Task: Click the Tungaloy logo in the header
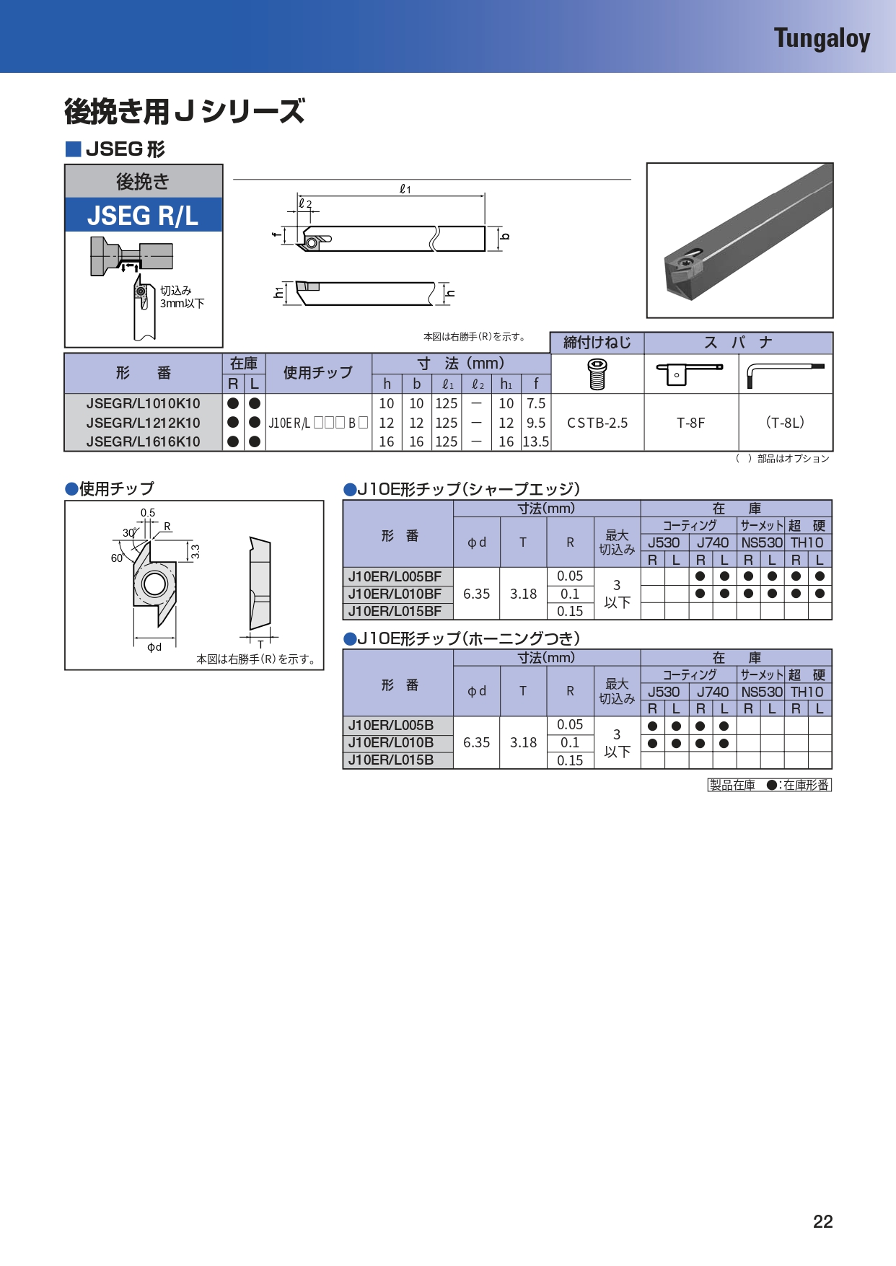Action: pyautogui.click(x=822, y=38)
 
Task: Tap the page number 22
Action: pyautogui.click(x=823, y=1221)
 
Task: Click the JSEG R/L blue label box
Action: pyautogui.click(x=143, y=215)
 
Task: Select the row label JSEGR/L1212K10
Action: pyautogui.click(x=144, y=423)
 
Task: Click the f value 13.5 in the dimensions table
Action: pyautogui.click(x=536, y=441)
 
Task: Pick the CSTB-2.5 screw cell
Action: pyautogui.click(x=597, y=423)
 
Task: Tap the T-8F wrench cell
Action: pyautogui.click(x=691, y=423)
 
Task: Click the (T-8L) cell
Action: pyautogui.click(x=785, y=423)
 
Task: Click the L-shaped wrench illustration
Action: pyautogui.click(x=785, y=374)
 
